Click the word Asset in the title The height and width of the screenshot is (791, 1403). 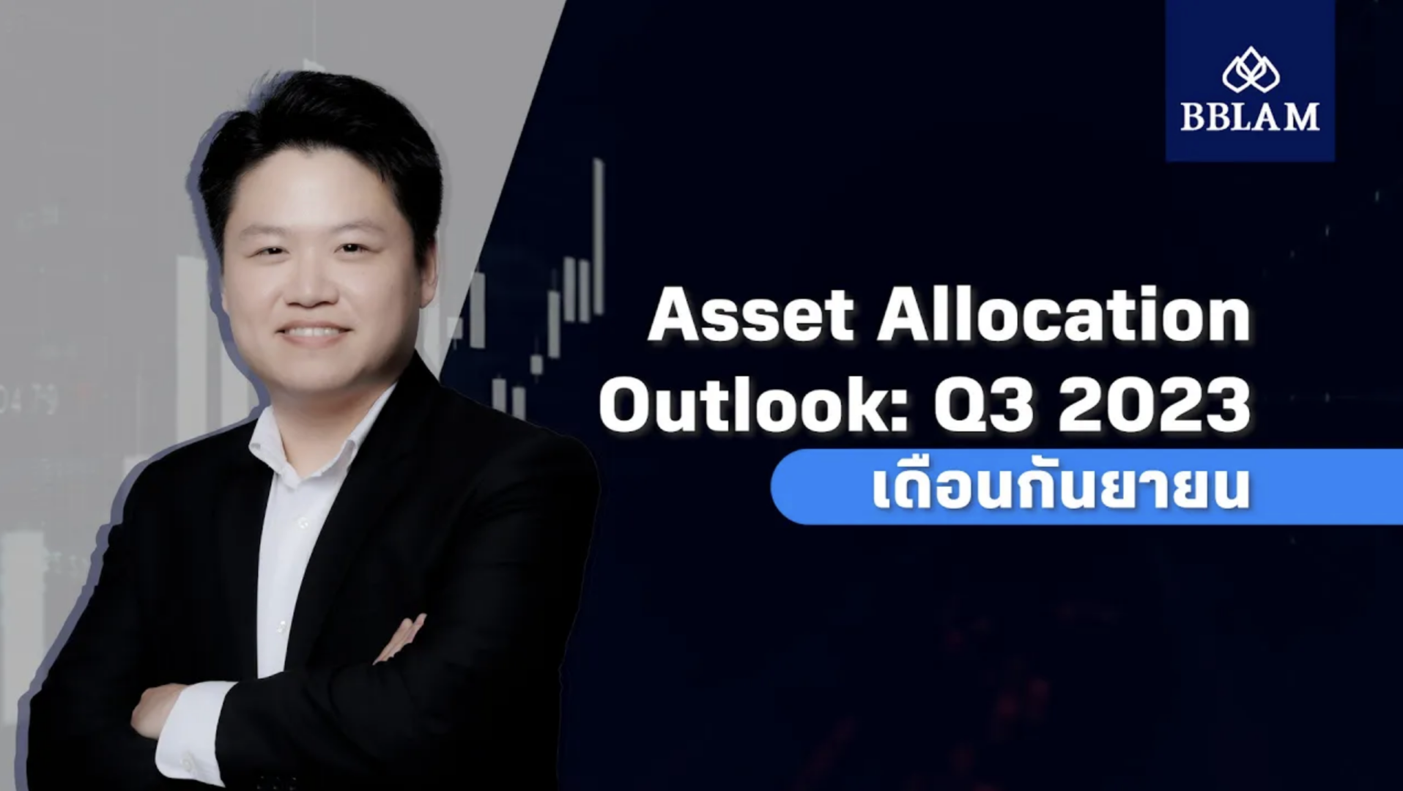coord(750,316)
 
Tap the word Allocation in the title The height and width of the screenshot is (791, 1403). coord(1063,316)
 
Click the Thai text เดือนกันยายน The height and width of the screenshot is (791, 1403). coord(1060,489)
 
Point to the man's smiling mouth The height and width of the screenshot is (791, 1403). coord(314,334)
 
